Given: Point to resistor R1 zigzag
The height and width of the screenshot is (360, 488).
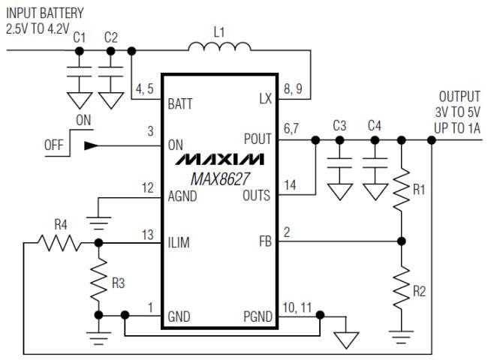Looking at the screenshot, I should click(x=402, y=190).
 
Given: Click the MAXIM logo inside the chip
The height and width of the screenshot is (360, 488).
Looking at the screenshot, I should click(x=220, y=160).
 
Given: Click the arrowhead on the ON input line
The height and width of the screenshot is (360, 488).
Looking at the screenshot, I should click(x=91, y=146).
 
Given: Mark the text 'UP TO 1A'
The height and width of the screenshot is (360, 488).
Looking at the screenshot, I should click(x=457, y=129).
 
